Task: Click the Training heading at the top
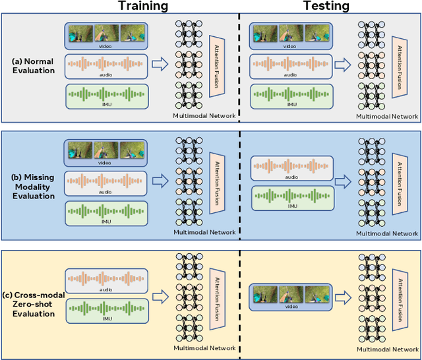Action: click(142, 7)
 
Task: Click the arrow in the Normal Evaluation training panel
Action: click(160, 64)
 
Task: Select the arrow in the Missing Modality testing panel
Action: click(342, 179)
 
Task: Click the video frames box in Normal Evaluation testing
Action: click(289, 36)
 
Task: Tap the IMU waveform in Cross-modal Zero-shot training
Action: click(106, 309)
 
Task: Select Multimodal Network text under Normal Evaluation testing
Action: click(387, 117)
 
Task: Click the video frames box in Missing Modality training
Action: click(106, 152)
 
